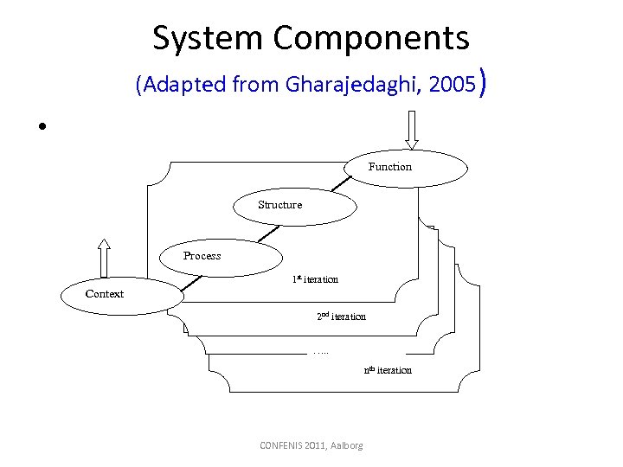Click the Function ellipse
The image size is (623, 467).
406,167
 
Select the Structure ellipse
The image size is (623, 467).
294,206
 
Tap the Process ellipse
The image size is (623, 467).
222,256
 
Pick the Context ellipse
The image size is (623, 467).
121,295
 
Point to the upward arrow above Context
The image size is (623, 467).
104,258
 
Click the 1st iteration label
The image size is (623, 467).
315,279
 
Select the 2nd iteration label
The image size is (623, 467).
341,317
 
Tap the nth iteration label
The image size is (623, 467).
388,370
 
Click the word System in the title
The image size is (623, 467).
208,38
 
